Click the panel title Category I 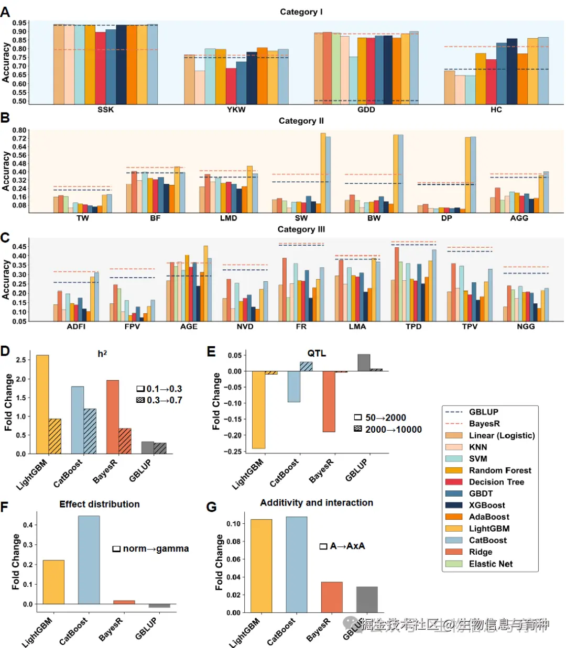(301, 12)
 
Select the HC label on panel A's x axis (496, 109)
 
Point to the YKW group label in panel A (236, 109)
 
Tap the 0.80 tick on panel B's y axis (19, 130)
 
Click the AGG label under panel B (519, 218)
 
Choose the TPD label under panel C (413, 326)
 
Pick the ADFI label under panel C (76, 326)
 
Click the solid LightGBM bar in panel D (42, 404)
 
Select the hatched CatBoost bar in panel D (90, 431)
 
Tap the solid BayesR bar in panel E (329, 401)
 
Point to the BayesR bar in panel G (332, 597)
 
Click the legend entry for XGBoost (487, 505)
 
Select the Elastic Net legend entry (491, 564)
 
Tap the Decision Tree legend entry (496, 482)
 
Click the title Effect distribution (100, 504)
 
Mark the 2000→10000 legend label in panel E (393, 430)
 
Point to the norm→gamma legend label (156, 548)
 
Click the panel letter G (212, 507)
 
